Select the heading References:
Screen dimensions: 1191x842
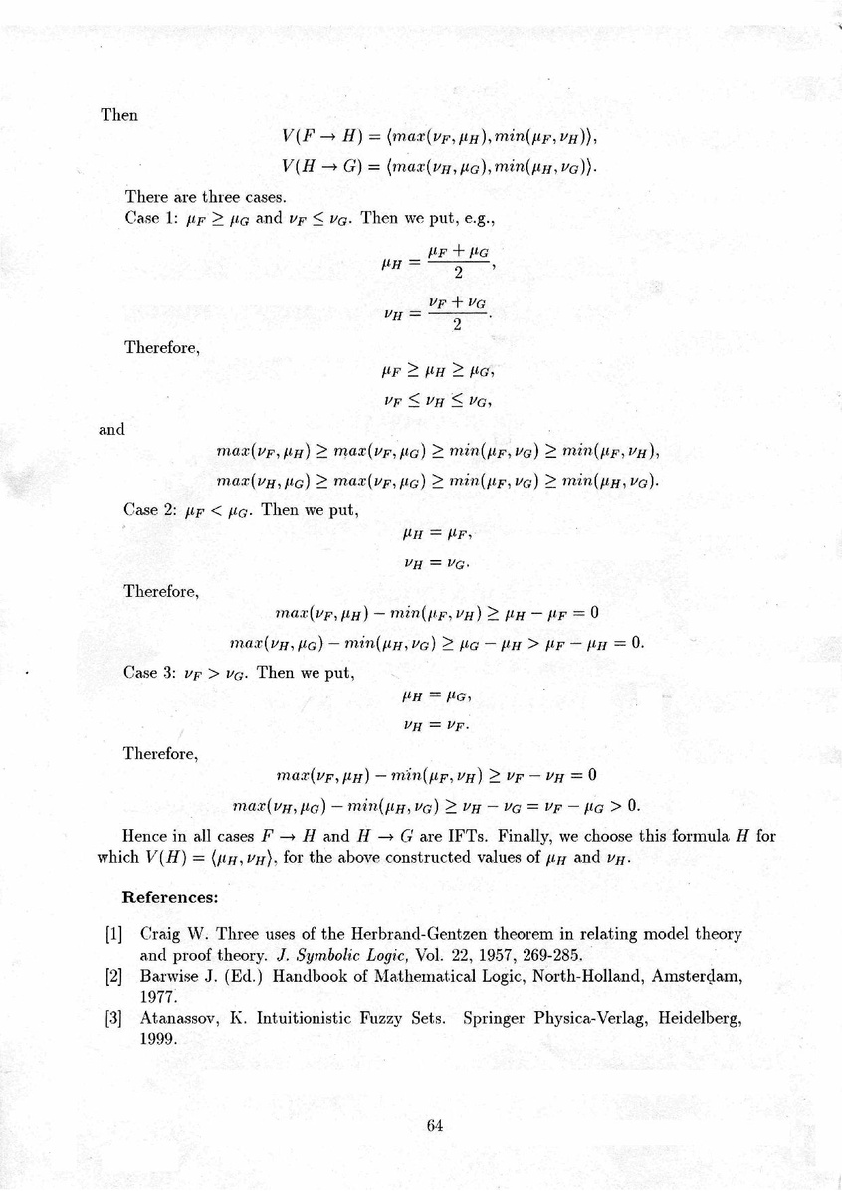[169, 897]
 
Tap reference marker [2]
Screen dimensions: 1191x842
[112, 977]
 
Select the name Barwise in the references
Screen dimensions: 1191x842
[169, 977]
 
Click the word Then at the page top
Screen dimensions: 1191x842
[119, 115]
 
